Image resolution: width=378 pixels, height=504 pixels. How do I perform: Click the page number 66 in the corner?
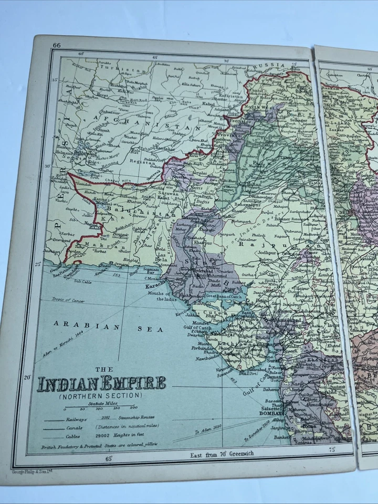pos(57,46)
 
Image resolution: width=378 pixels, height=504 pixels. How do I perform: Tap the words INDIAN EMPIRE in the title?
pos(102,383)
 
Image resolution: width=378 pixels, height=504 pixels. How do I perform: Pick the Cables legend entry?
pos(73,436)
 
